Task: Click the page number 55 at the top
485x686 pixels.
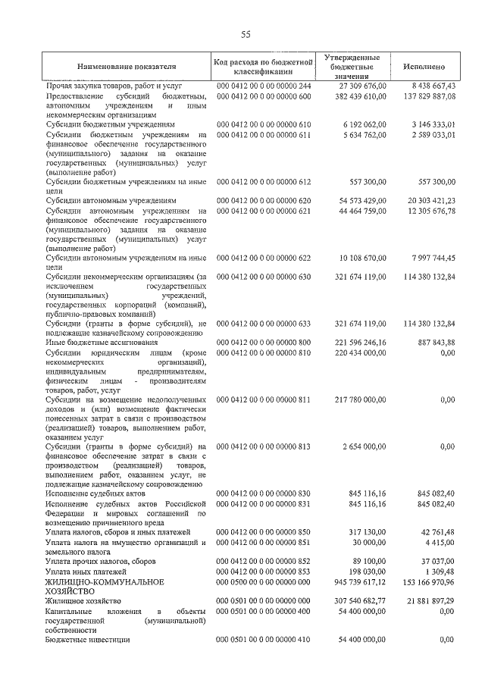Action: pyautogui.click(x=246, y=34)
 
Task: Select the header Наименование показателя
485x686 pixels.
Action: pyautogui.click(x=127, y=67)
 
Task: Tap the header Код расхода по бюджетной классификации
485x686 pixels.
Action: pyautogui.click(x=263, y=67)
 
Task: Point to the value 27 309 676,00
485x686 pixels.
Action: pyautogui.click(x=360, y=87)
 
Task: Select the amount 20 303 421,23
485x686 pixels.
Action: pyautogui.click(x=430, y=200)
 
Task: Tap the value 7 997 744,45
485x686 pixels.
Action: pyautogui.click(x=431, y=258)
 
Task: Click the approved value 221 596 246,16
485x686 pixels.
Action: pyautogui.click(x=360, y=343)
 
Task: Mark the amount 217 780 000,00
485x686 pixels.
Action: pyautogui.click(x=360, y=399)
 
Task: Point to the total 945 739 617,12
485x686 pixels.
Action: pyautogui.click(x=360, y=581)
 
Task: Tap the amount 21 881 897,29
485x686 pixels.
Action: pyautogui.click(x=431, y=600)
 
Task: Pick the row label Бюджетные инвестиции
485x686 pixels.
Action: pyautogui.click(x=88, y=640)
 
